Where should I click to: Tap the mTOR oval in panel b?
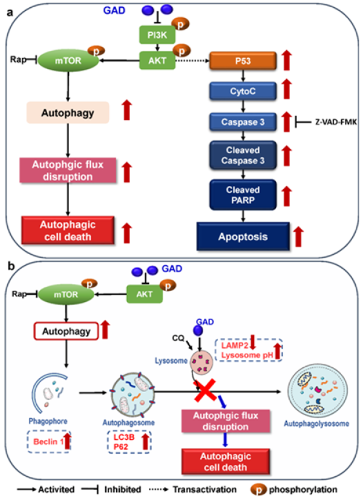point(68,294)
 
